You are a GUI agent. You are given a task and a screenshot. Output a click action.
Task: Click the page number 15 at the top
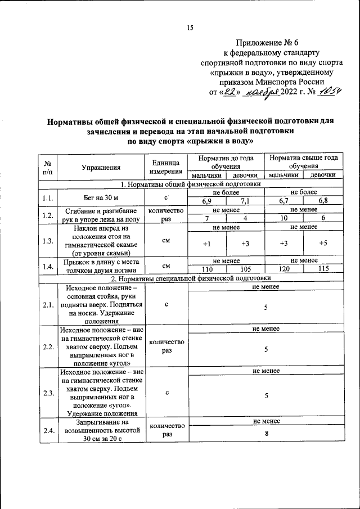pos(190,28)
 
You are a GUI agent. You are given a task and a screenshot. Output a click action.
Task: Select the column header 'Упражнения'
pos(101,167)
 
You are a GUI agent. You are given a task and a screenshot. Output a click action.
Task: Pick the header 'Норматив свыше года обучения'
pos(303,163)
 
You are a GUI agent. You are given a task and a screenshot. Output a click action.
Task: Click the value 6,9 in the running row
pos(207,201)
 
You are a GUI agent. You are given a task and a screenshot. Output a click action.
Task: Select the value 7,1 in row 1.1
pos(245,201)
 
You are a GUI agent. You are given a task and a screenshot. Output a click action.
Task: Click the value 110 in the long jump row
pos(207,269)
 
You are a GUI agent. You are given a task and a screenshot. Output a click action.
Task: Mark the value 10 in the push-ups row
pos(285,219)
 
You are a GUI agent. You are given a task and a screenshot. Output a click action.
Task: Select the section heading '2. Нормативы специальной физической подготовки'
pos(191,278)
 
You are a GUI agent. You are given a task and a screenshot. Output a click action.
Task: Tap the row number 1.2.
pos(48,215)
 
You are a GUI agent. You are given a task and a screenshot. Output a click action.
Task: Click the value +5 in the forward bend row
pos(322,243)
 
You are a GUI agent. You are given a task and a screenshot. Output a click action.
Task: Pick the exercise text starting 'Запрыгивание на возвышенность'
pos(101,431)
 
